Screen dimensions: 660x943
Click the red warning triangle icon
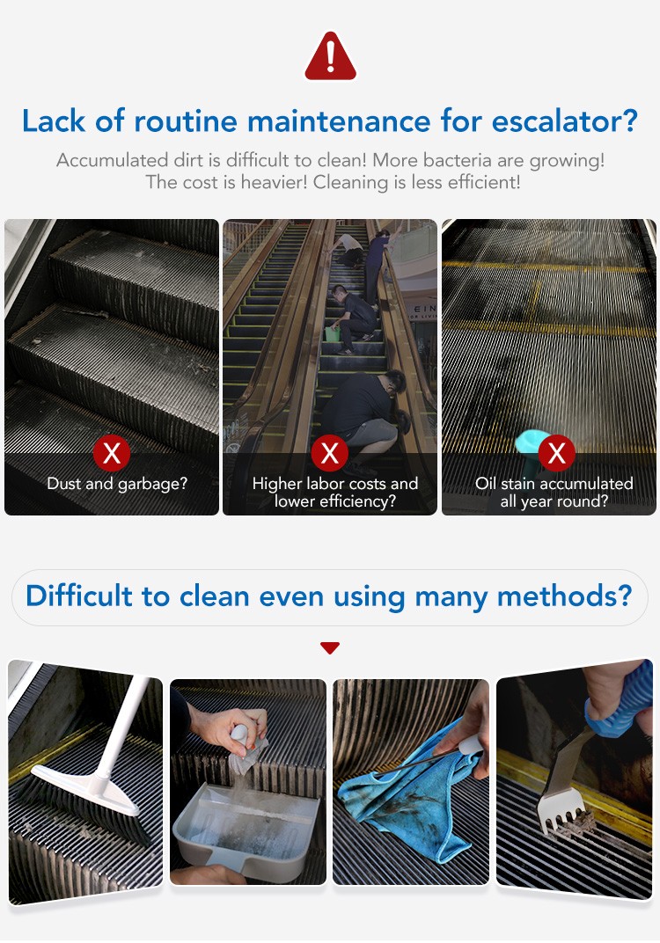330,56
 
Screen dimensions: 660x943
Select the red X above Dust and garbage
112,453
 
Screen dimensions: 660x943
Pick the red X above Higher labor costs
330,453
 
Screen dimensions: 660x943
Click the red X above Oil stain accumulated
556,453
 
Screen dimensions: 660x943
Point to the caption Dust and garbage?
117,484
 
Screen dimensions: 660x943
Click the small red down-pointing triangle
330,647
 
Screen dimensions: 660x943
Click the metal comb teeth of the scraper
562,809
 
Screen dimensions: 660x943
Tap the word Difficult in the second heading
79,596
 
